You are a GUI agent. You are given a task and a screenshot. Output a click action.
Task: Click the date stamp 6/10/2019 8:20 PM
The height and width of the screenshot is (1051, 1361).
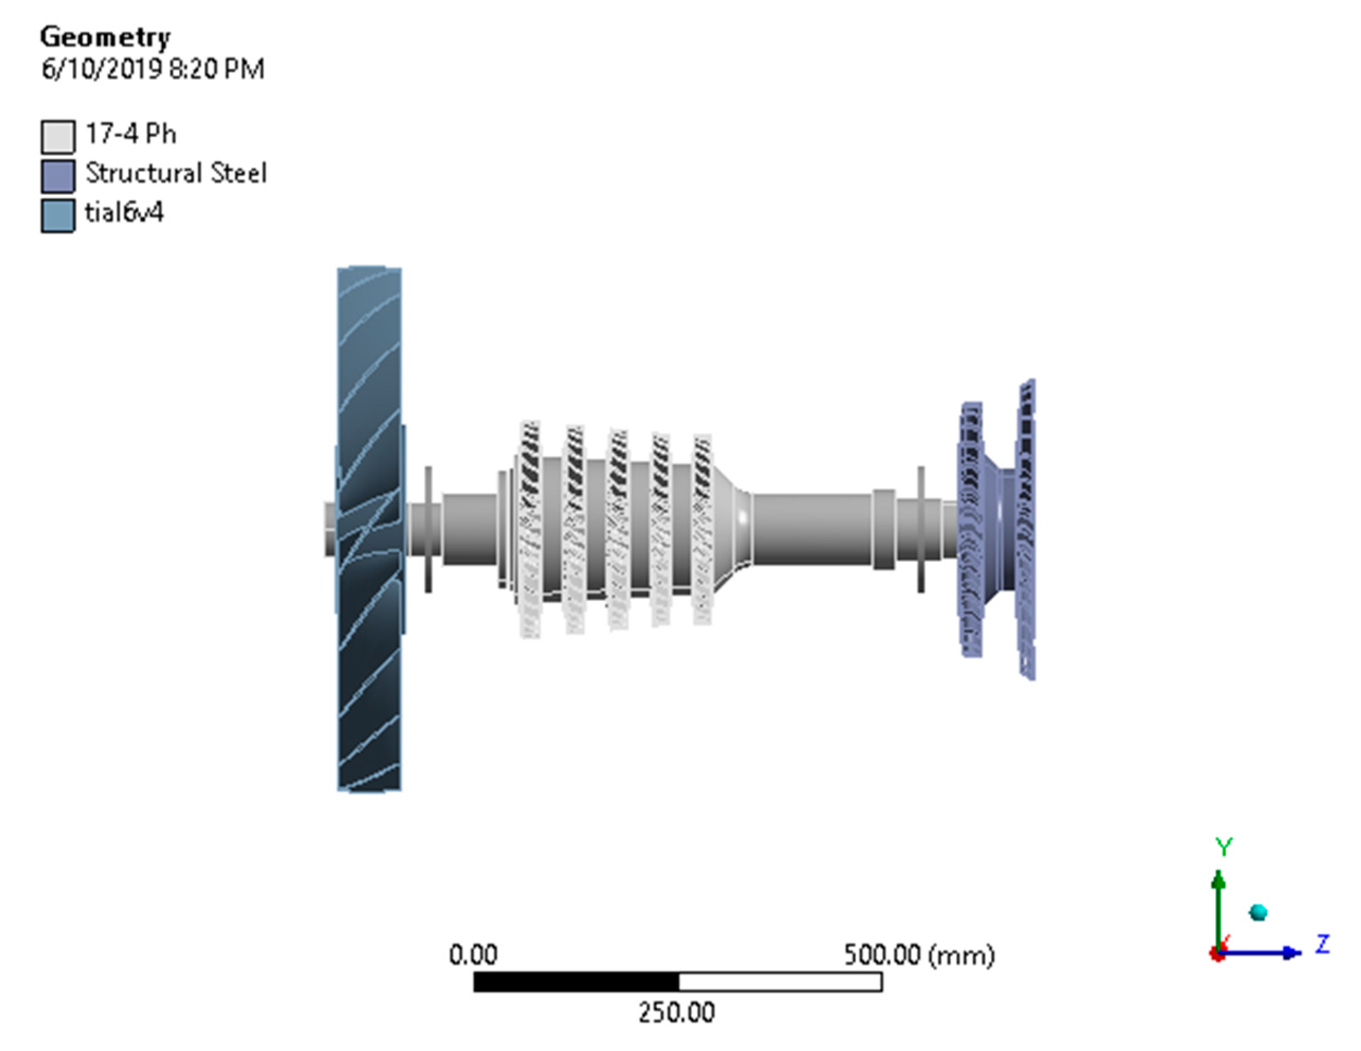pyautogui.click(x=153, y=69)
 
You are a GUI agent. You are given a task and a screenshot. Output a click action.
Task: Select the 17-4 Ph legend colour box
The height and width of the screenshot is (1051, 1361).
pyautogui.click(x=58, y=137)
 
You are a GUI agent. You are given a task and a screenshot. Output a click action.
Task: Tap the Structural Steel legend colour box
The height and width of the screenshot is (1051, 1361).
pyautogui.click(x=58, y=176)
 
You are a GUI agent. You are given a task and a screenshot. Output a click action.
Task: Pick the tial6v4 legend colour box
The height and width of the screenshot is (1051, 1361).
pyautogui.click(x=58, y=216)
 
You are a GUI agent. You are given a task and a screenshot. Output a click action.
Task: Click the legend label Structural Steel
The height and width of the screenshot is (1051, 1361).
pyautogui.click(x=176, y=173)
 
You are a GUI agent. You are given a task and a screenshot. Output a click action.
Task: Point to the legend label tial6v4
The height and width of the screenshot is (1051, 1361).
pyautogui.click(x=124, y=213)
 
